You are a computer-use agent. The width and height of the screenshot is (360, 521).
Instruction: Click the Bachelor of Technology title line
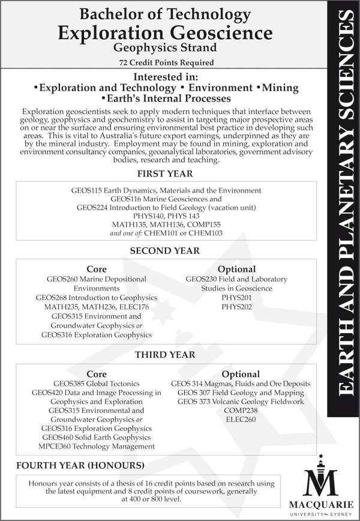tap(165, 13)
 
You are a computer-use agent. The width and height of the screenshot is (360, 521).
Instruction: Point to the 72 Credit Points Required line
tap(165, 62)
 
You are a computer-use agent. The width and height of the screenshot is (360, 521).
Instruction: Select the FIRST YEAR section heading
tap(165, 174)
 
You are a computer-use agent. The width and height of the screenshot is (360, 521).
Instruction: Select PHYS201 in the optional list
tap(236, 298)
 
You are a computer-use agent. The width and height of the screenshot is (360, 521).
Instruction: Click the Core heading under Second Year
tap(97, 269)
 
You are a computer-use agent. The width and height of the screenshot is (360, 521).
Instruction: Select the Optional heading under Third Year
tap(241, 374)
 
